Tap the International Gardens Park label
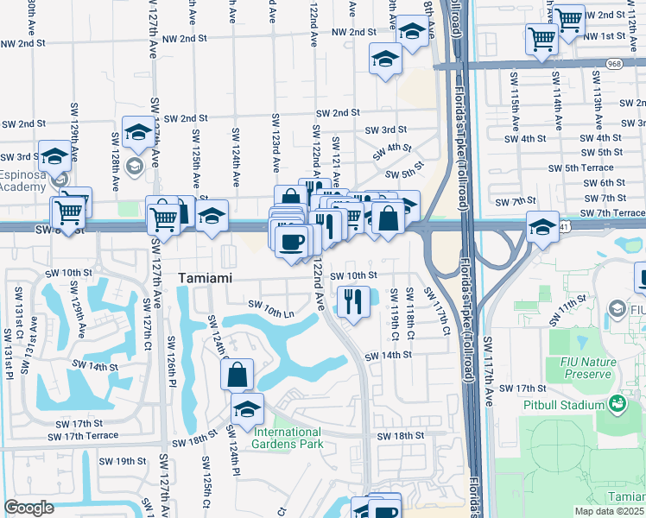[287, 438]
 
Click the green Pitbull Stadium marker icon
[617, 403]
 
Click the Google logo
[28, 508]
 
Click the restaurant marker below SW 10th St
[352, 301]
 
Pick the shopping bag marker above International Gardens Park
[237, 376]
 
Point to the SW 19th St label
[122, 461]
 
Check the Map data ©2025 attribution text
[609, 511]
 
